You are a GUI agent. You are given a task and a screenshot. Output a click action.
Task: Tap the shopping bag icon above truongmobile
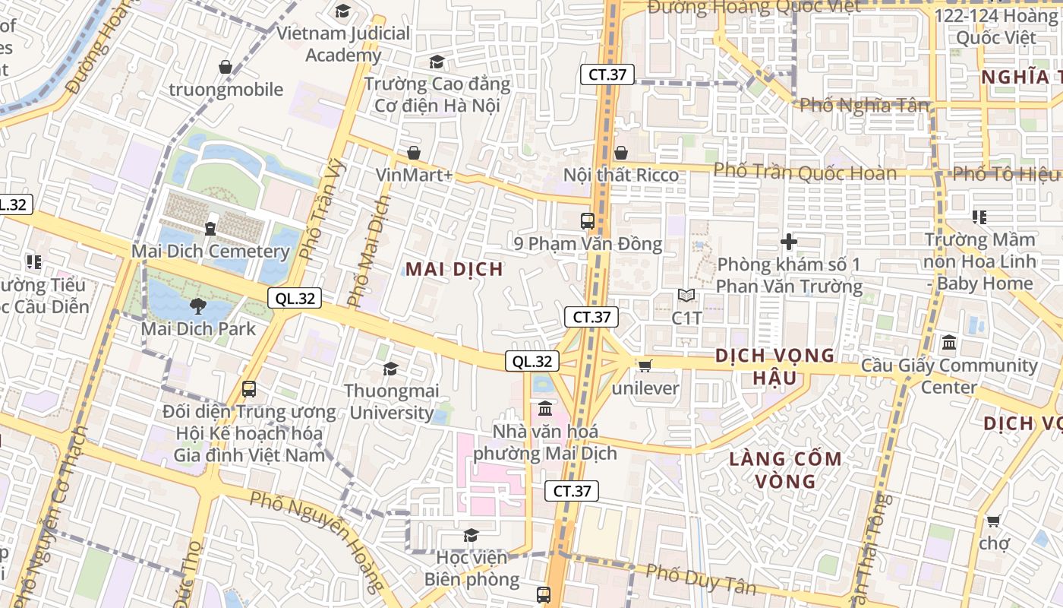click(226, 67)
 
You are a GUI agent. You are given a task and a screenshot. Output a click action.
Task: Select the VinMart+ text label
click(415, 175)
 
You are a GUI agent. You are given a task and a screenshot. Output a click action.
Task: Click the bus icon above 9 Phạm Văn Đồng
click(587, 221)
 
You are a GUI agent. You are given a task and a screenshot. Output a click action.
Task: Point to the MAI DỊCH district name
click(454, 269)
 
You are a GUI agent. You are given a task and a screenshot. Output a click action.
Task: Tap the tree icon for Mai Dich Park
click(198, 306)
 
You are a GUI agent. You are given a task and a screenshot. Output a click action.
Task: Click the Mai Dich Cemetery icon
click(210, 227)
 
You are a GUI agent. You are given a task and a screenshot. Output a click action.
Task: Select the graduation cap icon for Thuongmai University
click(390, 369)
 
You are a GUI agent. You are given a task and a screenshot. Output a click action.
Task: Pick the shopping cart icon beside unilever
click(645, 366)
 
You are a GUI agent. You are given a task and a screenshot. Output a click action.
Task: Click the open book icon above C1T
click(686, 295)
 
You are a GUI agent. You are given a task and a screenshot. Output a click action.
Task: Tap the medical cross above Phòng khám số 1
click(789, 242)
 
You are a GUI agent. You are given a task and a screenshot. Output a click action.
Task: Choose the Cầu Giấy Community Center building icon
click(948, 343)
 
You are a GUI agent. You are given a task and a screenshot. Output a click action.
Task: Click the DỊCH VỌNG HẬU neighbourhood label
click(775, 366)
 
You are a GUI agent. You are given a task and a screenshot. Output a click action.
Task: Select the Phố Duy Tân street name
click(701, 579)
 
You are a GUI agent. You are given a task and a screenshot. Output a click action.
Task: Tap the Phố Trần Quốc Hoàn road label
click(805, 172)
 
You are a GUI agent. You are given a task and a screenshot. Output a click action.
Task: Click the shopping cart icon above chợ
click(993, 521)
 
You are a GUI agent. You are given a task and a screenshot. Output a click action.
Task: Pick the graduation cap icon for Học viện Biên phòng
click(471, 535)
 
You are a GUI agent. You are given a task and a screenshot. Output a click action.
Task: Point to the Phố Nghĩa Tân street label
click(864, 105)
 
